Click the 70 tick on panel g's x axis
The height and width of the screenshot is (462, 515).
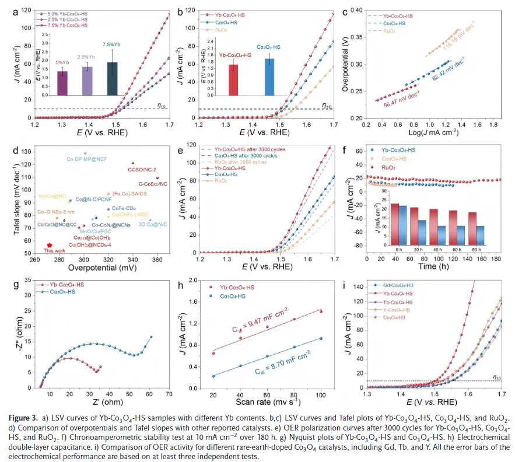click(x=169, y=394)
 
